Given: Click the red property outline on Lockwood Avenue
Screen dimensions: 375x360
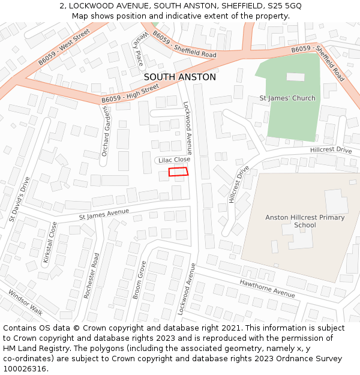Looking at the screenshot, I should (x=178, y=172).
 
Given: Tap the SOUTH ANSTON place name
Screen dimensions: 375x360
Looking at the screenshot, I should (x=180, y=77).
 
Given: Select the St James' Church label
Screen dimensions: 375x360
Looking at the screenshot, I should (x=287, y=98).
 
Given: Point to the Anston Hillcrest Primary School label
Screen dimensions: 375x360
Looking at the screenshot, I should (x=305, y=221).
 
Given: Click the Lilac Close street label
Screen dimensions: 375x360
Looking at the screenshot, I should (x=174, y=160).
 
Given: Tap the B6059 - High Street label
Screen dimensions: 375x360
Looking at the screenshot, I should (x=130, y=94).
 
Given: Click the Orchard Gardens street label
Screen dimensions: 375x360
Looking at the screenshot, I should (x=106, y=131).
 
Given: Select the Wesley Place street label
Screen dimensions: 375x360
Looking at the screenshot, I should (x=139, y=49).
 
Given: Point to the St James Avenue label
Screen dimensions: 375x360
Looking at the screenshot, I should (x=104, y=214).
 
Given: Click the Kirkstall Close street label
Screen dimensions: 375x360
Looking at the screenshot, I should (x=50, y=244).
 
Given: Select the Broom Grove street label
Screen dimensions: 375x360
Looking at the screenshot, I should (x=139, y=280).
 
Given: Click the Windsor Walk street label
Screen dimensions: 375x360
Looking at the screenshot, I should (x=25, y=302).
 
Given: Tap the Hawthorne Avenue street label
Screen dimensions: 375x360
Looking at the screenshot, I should (x=267, y=289).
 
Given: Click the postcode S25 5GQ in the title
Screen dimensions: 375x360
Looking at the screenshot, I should (x=284, y=6).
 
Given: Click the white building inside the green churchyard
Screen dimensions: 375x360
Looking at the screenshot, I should (x=295, y=77).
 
